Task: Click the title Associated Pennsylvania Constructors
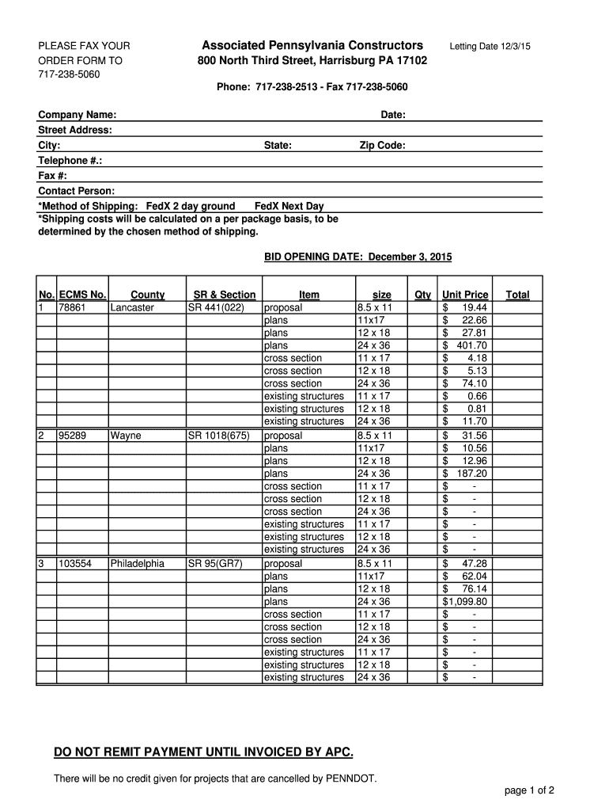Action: click(312, 45)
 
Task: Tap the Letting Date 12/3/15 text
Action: click(490, 47)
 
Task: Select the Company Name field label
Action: click(78, 116)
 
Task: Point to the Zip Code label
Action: click(383, 146)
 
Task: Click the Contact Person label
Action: click(76, 191)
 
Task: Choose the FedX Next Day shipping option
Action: click(283, 207)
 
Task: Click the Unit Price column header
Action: click(465, 295)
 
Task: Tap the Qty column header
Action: click(423, 295)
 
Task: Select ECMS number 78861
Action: click(71, 307)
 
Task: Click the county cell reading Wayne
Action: click(126, 436)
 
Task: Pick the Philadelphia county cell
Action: click(138, 564)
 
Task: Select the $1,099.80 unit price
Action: click(465, 602)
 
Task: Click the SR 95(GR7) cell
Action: click(214, 564)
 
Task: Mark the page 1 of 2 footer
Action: click(529, 790)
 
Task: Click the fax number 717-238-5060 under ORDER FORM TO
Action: click(69, 74)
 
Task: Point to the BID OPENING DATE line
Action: click(357, 257)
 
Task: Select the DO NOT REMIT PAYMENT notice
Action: click(203, 751)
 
